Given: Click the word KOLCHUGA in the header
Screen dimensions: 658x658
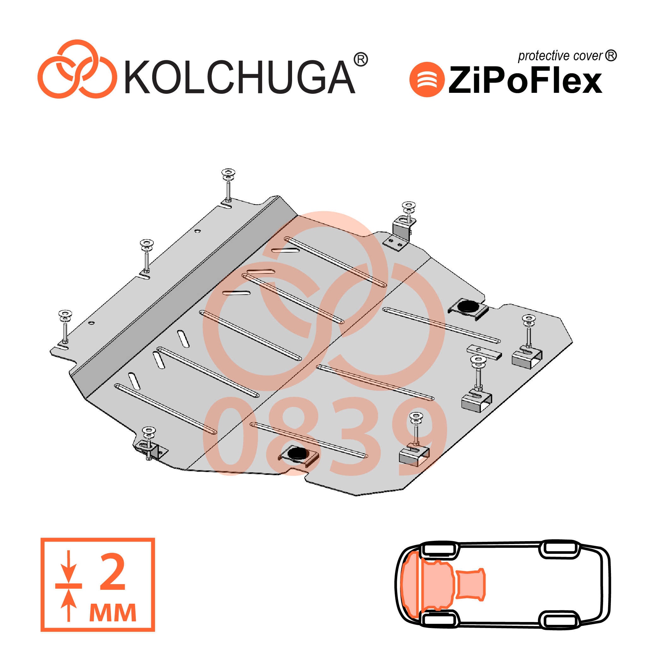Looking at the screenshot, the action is click(x=240, y=77).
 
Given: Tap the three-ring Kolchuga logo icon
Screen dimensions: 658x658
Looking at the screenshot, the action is click(x=77, y=69).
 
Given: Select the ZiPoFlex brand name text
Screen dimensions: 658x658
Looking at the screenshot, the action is click(x=525, y=80).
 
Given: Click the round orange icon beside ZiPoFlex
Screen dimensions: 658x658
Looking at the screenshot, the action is click(x=427, y=79).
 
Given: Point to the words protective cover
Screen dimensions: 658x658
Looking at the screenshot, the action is click(x=560, y=56).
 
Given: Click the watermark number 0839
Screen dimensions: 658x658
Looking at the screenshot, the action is click(x=325, y=437).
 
